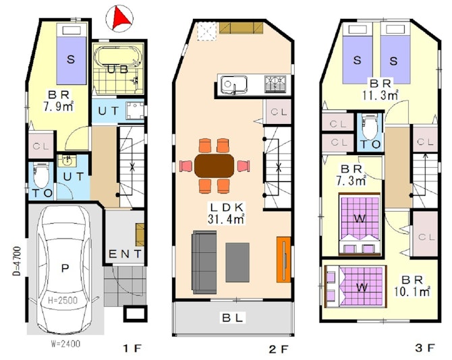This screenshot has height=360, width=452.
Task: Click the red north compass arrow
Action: (x=121, y=19)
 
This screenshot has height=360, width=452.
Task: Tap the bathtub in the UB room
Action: (x=118, y=57)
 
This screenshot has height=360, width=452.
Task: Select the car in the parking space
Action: (x=65, y=270)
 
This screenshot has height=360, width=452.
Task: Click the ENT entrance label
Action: (x=125, y=254)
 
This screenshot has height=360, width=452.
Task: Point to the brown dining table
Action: (x=214, y=166)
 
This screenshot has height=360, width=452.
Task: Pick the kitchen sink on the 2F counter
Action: (x=233, y=85)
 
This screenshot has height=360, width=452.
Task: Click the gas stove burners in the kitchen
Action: (x=275, y=84)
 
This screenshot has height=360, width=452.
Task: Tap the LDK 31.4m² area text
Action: (x=227, y=213)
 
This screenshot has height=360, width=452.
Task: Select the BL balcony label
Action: (x=233, y=318)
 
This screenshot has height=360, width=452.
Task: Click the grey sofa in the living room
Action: (x=204, y=262)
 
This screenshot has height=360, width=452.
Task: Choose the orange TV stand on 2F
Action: (x=283, y=259)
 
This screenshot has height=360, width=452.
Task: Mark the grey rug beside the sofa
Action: (x=237, y=262)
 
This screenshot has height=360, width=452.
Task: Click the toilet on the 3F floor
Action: (x=370, y=127)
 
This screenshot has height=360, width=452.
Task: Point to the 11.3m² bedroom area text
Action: (x=380, y=95)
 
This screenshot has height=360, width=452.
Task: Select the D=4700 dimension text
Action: (x=17, y=261)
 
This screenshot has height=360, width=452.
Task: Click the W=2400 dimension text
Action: (x=65, y=344)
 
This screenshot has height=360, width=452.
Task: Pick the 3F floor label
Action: (x=425, y=348)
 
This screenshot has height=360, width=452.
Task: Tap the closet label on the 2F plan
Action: (x=279, y=112)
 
